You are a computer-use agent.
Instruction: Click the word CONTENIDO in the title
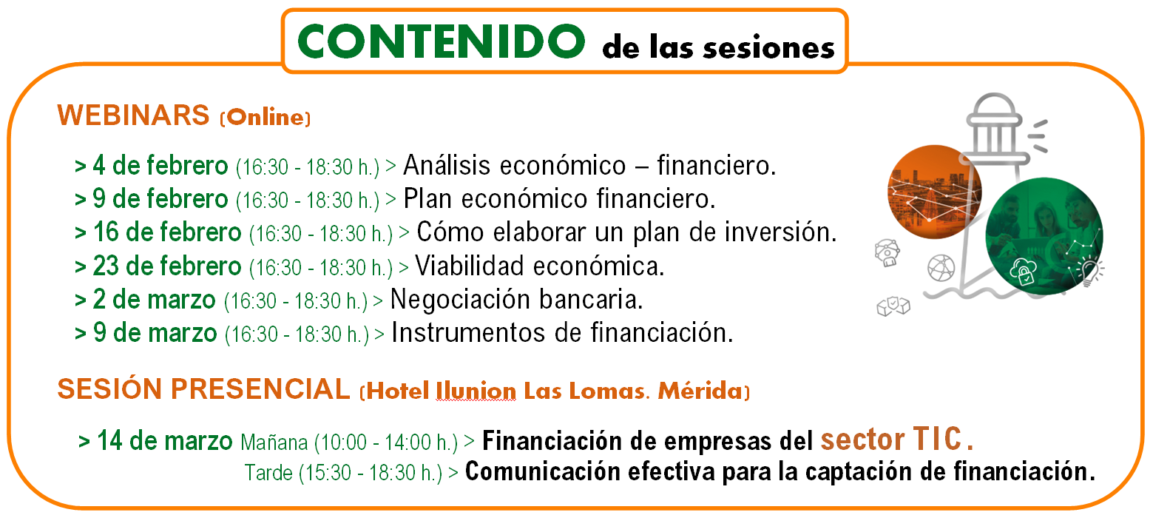[x=441, y=41]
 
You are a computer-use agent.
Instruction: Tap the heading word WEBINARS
[x=133, y=115]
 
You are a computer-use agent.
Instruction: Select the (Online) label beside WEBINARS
[x=265, y=118]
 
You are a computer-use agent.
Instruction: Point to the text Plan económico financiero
[x=560, y=199]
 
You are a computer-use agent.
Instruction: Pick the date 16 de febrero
[x=167, y=232]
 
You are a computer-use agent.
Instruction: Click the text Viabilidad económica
[x=540, y=266]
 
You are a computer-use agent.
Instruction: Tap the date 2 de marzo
[x=154, y=300]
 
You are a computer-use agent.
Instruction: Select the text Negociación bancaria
[x=517, y=300]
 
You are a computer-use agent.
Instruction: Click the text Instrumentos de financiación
[x=562, y=333]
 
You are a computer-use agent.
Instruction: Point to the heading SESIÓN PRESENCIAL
[x=204, y=388]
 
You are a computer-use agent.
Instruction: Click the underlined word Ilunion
[x=476, y=391]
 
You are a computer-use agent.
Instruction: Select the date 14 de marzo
[x=165, y=441]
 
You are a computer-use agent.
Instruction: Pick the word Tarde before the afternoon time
[x=268, y=473]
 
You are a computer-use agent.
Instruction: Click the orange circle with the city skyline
[x=935, y=192]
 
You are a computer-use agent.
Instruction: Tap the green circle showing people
[x=1044, y=236]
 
